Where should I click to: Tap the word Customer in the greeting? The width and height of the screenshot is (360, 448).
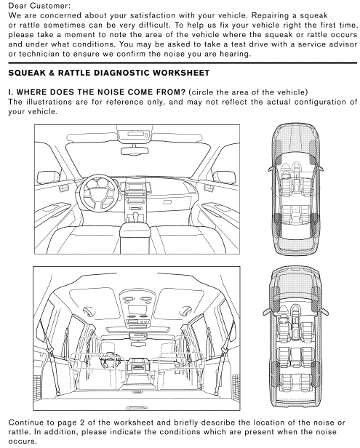[49, 5]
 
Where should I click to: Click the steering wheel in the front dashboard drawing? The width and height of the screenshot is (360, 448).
[99, 192]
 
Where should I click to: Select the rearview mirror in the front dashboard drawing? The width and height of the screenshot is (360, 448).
[135, 151]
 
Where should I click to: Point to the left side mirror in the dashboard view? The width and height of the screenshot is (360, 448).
[49, 177]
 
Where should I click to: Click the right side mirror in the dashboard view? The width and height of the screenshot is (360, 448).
[225, 177]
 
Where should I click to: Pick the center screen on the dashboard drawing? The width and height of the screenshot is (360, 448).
[135, 187]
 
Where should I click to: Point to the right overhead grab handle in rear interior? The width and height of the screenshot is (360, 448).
[187, 310]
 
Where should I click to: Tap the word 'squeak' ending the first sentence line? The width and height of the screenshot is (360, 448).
[313, 16]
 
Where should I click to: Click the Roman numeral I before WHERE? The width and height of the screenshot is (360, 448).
[10, 92]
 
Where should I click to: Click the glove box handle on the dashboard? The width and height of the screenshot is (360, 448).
[168, 202]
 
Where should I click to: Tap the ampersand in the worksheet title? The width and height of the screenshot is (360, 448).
[52, 73]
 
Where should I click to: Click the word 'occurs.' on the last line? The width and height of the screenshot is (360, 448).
[23, 441]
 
